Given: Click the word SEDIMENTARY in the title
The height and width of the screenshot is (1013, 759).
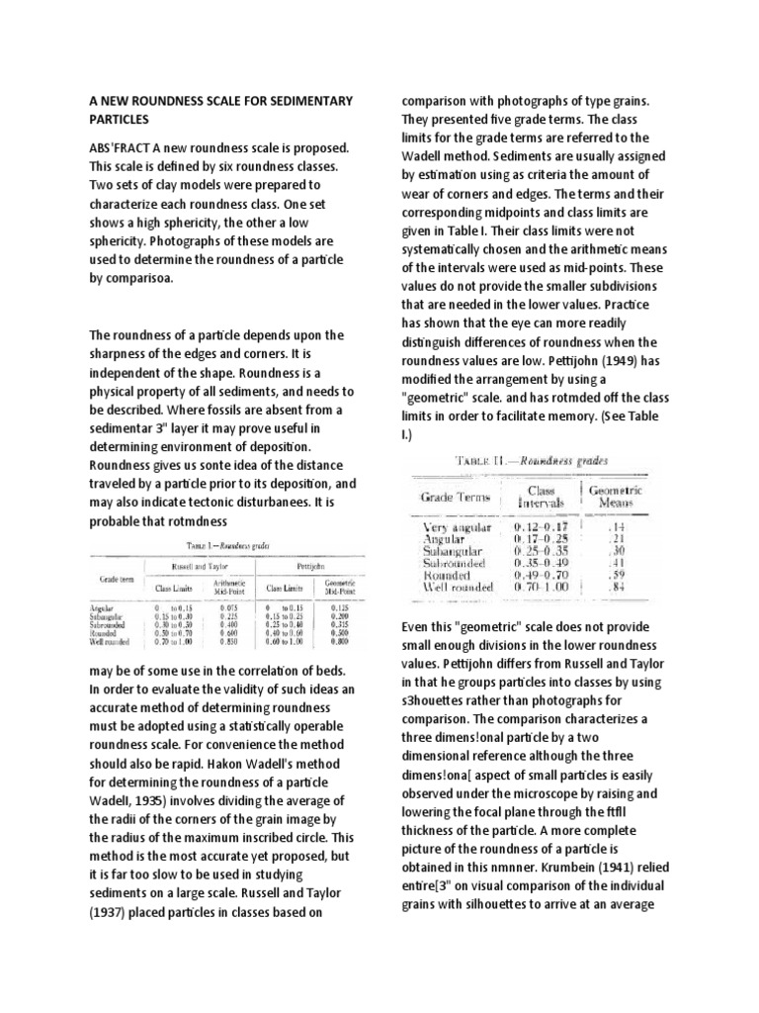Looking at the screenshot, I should pyautogui.click(x=298, y=102).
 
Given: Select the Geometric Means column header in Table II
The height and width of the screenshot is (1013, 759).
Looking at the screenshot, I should pyautogui.click(x=616, y=495).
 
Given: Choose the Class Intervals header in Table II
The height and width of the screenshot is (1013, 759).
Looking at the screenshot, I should pyautogui.click(x=541, y=495).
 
